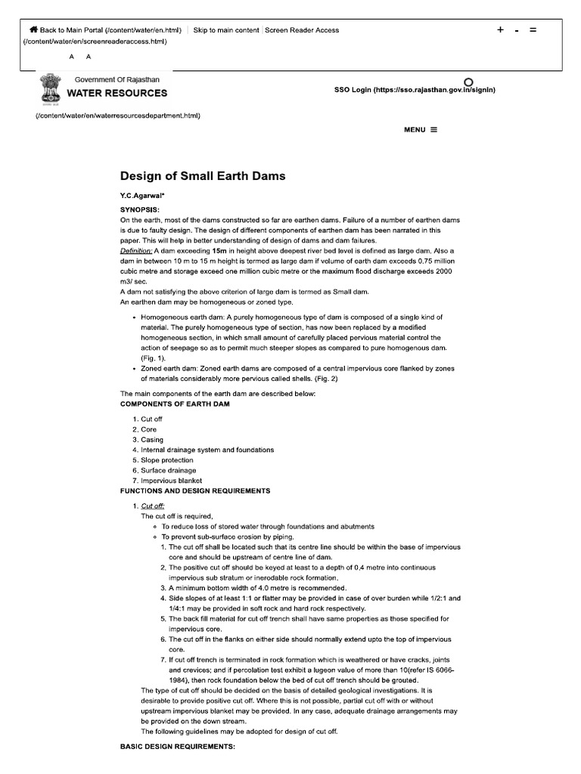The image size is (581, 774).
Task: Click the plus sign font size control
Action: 500,30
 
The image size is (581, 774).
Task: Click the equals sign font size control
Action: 533,30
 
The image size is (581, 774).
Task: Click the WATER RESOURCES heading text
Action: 117,93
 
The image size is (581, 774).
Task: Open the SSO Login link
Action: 415,89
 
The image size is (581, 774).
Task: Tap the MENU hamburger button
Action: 421,129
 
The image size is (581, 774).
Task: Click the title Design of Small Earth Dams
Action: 203,176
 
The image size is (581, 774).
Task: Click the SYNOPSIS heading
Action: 140,209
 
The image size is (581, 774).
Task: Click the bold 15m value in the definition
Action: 219,249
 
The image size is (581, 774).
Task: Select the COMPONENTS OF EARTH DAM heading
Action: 175,404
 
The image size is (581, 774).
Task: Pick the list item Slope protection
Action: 167,460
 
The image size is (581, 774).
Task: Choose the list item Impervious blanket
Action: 171,480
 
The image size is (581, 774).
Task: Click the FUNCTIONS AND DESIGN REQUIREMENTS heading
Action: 195,491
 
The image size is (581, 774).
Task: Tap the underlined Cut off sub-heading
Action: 153,506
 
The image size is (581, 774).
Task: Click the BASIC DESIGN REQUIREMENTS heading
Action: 178,747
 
